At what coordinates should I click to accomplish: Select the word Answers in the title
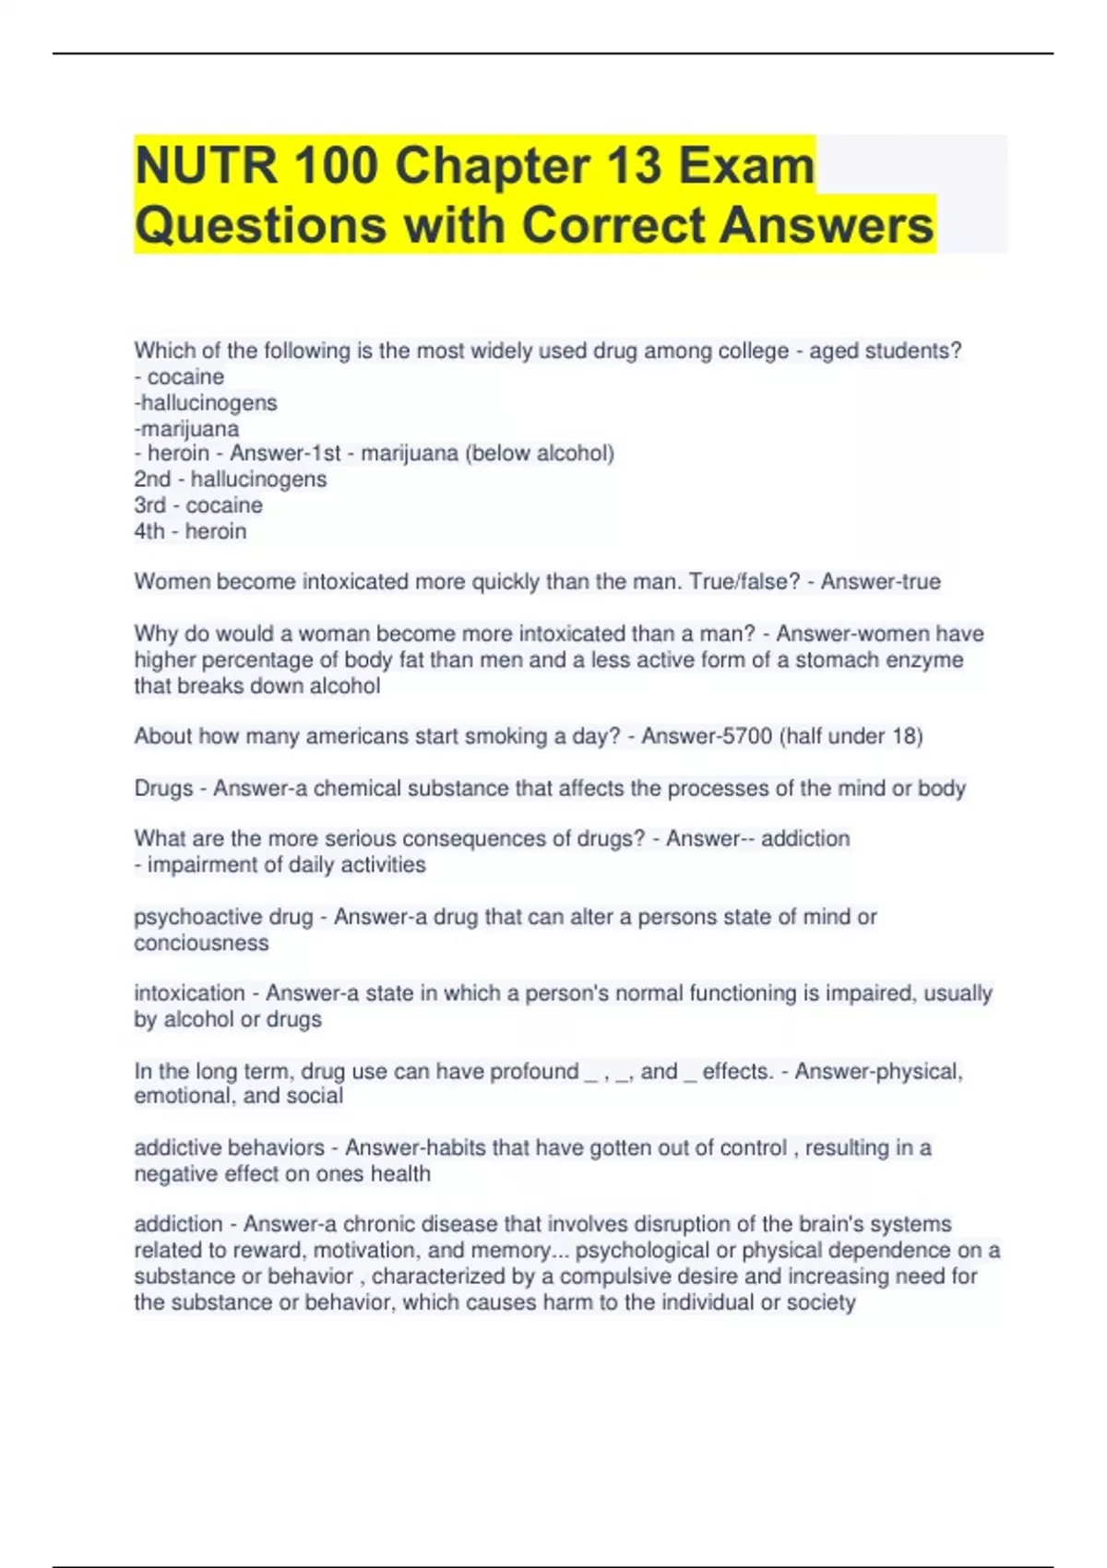click(x=827, y=225)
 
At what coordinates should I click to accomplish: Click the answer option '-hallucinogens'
click(x=206, y=403)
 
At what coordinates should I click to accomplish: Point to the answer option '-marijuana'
click(x=186, y=429)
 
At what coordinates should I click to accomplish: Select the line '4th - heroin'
click(x=190, y=531)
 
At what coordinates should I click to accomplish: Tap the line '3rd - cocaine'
click(x=198, y=505)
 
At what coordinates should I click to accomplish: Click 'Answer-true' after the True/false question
click(x=881, y=582)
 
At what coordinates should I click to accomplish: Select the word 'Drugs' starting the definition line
click(x=163, y=789)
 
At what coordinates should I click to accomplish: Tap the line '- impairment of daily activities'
click(x=280, y=865)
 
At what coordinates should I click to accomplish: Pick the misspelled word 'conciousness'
click(x=201, y=944)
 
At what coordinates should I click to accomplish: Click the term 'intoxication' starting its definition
click(x=189, y=993)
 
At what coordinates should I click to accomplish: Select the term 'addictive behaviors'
click(x=229, y=1148)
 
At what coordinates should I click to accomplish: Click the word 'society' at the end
click(x=820, y=1302)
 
